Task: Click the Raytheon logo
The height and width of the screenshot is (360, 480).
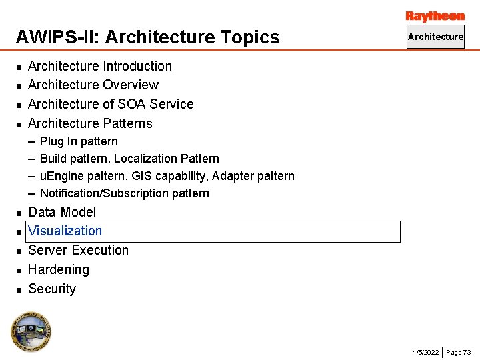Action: click(435, 16)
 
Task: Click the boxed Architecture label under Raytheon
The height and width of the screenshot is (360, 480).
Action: click(435, 37)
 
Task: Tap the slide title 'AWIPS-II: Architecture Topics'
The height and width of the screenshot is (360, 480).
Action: click(147, 37)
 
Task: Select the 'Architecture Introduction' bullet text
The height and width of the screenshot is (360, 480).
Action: click(100, 66)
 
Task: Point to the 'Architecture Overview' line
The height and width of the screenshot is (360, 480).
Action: click(93, 85)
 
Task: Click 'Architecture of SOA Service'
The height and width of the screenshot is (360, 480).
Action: click(111, 104)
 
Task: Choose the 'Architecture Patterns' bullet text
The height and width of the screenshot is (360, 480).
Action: click(90, 123)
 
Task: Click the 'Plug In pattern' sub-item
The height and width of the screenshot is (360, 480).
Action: click(79, 141)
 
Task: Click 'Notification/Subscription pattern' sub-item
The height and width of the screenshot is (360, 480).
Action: click(125, 193)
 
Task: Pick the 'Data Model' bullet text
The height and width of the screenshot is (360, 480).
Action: click(62, 212)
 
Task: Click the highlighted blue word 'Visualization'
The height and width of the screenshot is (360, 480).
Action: click(65, 231)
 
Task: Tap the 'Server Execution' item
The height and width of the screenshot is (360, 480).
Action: click(78, 250)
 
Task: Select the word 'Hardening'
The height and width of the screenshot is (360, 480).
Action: click(59, 269)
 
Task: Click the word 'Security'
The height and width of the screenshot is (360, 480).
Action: click(52, 289)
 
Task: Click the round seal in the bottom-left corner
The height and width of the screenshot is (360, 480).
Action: click(31, 331)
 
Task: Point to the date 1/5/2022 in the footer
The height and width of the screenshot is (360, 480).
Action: click(425, 352)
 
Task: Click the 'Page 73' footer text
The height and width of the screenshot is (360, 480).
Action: click(459, 352)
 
